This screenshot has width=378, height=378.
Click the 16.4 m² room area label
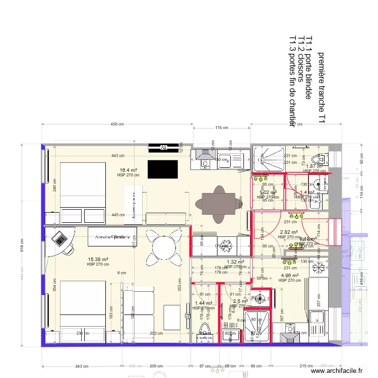128,170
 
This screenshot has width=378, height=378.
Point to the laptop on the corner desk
59,238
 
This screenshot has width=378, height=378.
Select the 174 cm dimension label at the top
222,128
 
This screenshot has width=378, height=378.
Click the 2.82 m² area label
289,232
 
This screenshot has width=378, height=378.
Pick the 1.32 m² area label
235,262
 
